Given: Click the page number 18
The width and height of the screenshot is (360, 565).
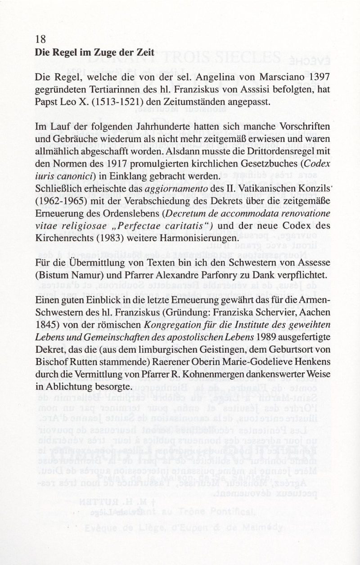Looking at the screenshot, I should pyautogui.click(x=40, y=39).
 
